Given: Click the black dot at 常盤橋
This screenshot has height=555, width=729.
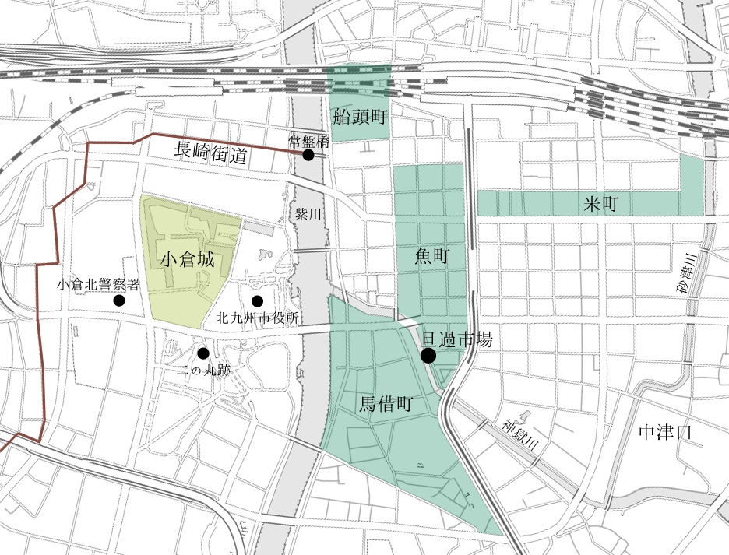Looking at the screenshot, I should pyautogui.click(x=308, y=155).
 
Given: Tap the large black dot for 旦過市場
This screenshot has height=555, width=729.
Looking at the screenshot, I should pyautogui.click(x=428, y=356).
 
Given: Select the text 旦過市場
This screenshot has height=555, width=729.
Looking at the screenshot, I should pyautogui.click(x=456, y=339).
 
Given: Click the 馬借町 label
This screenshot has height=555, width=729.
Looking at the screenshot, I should pyautogui.click(x=386, y=404).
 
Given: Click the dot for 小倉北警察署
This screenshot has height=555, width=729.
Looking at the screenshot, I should pyautogui.click(x=119, y=300).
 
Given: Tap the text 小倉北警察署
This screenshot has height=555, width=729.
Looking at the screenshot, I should pyautogui.click(x=98, y=285).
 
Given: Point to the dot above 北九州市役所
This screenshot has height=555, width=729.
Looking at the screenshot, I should pyautogui.click(x=256, y=301).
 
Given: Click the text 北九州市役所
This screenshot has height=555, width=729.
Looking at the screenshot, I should pyautogui.click(x=257, y=318).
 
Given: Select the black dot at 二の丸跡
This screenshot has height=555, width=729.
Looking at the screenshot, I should pyautogui.click(x=203, y=353).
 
